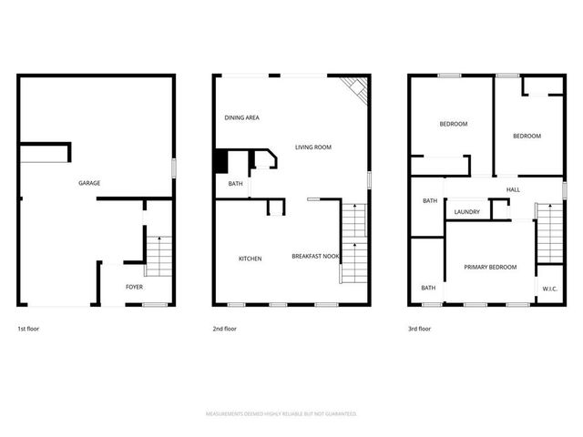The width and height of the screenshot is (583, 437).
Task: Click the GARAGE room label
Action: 89,183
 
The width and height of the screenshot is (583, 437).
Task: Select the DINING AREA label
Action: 242,117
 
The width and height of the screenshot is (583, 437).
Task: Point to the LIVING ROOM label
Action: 312,147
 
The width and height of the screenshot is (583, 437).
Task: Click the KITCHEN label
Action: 251,259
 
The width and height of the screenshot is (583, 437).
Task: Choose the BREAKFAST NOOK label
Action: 315,257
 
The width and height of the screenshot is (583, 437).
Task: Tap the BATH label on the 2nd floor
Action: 235,185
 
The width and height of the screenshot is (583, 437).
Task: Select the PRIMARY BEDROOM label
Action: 490,267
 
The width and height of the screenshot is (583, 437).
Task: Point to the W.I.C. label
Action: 549,289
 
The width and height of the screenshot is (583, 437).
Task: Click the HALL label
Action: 513,189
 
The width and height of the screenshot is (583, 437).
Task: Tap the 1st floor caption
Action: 28,329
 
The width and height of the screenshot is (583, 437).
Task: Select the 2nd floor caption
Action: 224,329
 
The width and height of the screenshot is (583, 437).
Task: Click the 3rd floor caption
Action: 420,329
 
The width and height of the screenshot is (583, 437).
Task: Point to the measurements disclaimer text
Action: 281,413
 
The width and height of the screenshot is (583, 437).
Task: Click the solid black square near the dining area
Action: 220,160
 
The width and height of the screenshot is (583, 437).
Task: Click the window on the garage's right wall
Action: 174,170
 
